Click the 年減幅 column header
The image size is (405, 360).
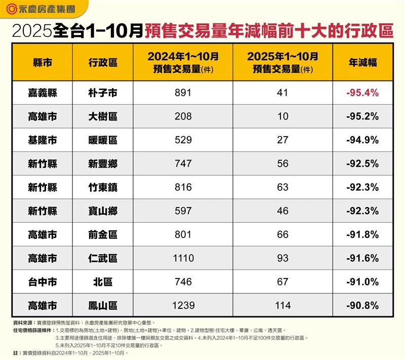(x=362, y=62)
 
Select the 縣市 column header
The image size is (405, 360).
(x=42, y=62)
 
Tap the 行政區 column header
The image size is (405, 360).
(x=102, y=62)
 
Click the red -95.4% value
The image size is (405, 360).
(x=362, y=93)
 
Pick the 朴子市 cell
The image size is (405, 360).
(x=102, y=93)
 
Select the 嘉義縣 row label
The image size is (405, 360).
(x=42, y=93)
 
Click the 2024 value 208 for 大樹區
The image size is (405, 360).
(x=183, y=116)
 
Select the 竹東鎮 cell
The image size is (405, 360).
(x=102, y=187)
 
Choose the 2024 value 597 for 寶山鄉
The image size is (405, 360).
(x=183, y=211)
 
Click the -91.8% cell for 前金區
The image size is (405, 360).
(x=362, y=234)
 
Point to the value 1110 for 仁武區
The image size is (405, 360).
(x=183, y=258)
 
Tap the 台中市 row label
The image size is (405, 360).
(x=42, y=282)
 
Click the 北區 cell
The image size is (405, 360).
(x=102, y=282)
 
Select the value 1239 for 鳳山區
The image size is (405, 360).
(x=183, y=305)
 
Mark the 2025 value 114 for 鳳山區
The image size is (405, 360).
(x=282, y=305)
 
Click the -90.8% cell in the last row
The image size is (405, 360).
(x=362, y=305)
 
